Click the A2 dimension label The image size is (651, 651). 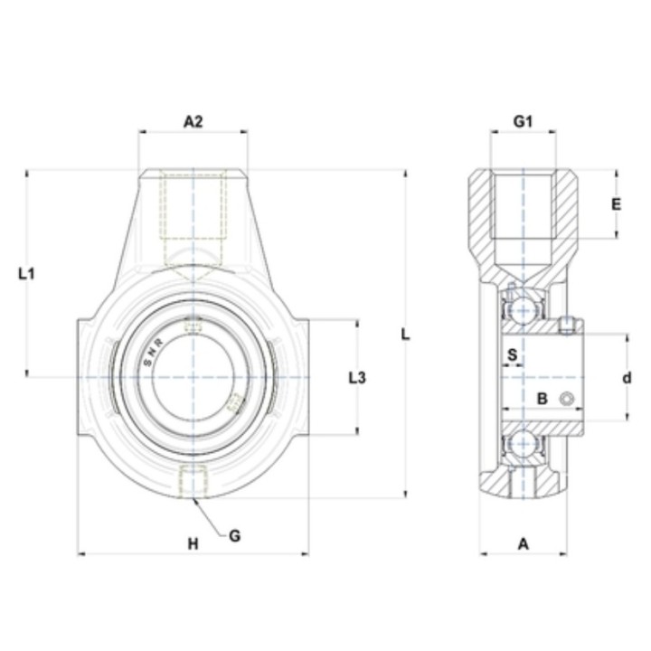pyautogui.click(x=193, y=122)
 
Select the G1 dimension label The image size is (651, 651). pyautogui.click(x=523, y=122)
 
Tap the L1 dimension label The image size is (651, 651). pyautogui.click(x=26, y=274)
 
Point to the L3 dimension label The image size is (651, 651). pyautogui.click(x=357, y=378)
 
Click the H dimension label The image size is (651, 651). pyautogui.click(x=193, y=543)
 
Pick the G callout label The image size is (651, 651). pyautogui.click(x=234, y=536)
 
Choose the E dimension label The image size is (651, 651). pyautogui.click(x=617, y=204)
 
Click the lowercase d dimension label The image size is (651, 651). pyautogui.click(x=627, y=378)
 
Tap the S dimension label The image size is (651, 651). pyautogui.click(x=513, y=354)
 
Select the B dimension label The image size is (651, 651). pyautogui.click(x=542, y=399)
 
